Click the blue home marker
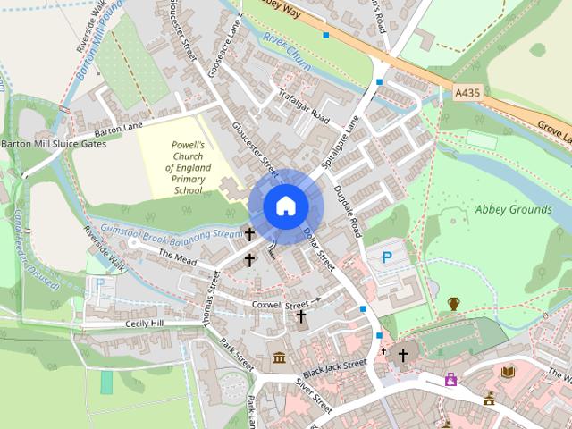(285, 206)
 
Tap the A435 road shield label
(467, 92)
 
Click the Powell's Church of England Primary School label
(189, 167)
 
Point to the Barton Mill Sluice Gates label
(54, 144)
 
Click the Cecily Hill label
(146, 324)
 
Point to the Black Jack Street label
(335, 368)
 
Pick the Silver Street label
(314, 395)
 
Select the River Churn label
(287, 46)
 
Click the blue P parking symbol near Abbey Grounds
(387, 257)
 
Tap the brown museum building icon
(279, 358)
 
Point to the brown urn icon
(454, 304)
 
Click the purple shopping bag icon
(450, 380)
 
